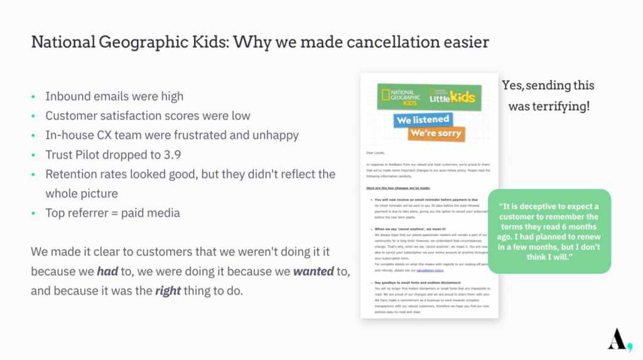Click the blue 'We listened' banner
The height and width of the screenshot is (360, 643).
point(423,119)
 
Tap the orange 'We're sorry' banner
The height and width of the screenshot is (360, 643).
point(436,134)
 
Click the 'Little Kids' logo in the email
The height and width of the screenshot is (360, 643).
point(451,97)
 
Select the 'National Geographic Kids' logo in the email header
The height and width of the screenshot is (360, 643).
point(403,96)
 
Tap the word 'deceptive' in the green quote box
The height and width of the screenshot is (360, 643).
point(534,207)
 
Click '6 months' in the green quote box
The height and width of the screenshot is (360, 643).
point(576,227)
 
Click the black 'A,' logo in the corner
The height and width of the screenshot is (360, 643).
point(619,339)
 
